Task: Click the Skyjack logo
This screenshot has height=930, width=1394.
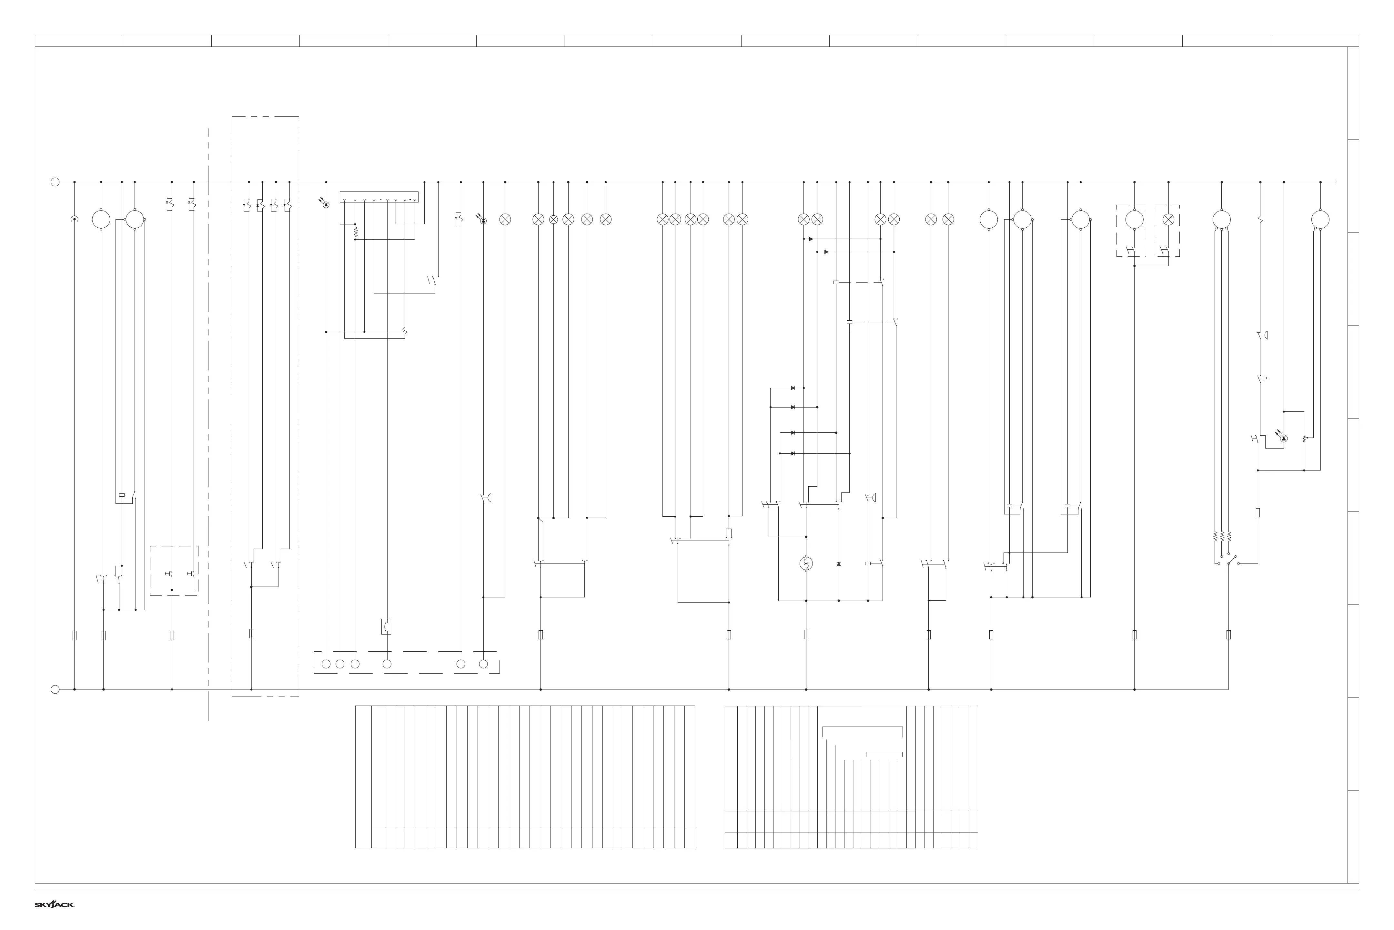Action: (x=54, y=904)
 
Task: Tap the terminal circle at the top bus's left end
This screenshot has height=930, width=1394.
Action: (x=55, y=182)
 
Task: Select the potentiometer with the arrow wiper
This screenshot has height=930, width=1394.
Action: (x=1305, y=439)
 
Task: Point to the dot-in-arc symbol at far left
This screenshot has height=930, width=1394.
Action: (x=74, y=220)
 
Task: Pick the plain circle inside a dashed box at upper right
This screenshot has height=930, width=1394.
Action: (x=1135, y=220)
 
